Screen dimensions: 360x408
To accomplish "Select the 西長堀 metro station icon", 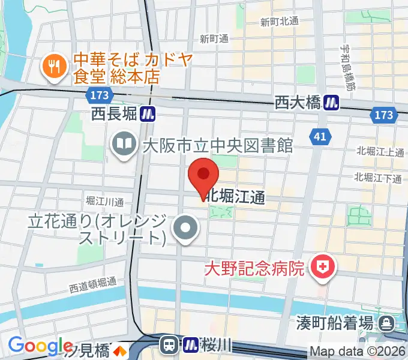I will (149, 112).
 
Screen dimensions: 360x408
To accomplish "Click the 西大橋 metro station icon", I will (331, 103).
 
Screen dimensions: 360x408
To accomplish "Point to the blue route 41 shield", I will (320, 137).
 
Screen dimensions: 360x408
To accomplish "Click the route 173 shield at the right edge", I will (383, 115).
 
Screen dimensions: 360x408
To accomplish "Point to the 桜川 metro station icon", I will (191, 344).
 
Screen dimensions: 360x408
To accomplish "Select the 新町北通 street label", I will (280, 22).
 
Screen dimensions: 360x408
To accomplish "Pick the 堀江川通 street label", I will (104, 201).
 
